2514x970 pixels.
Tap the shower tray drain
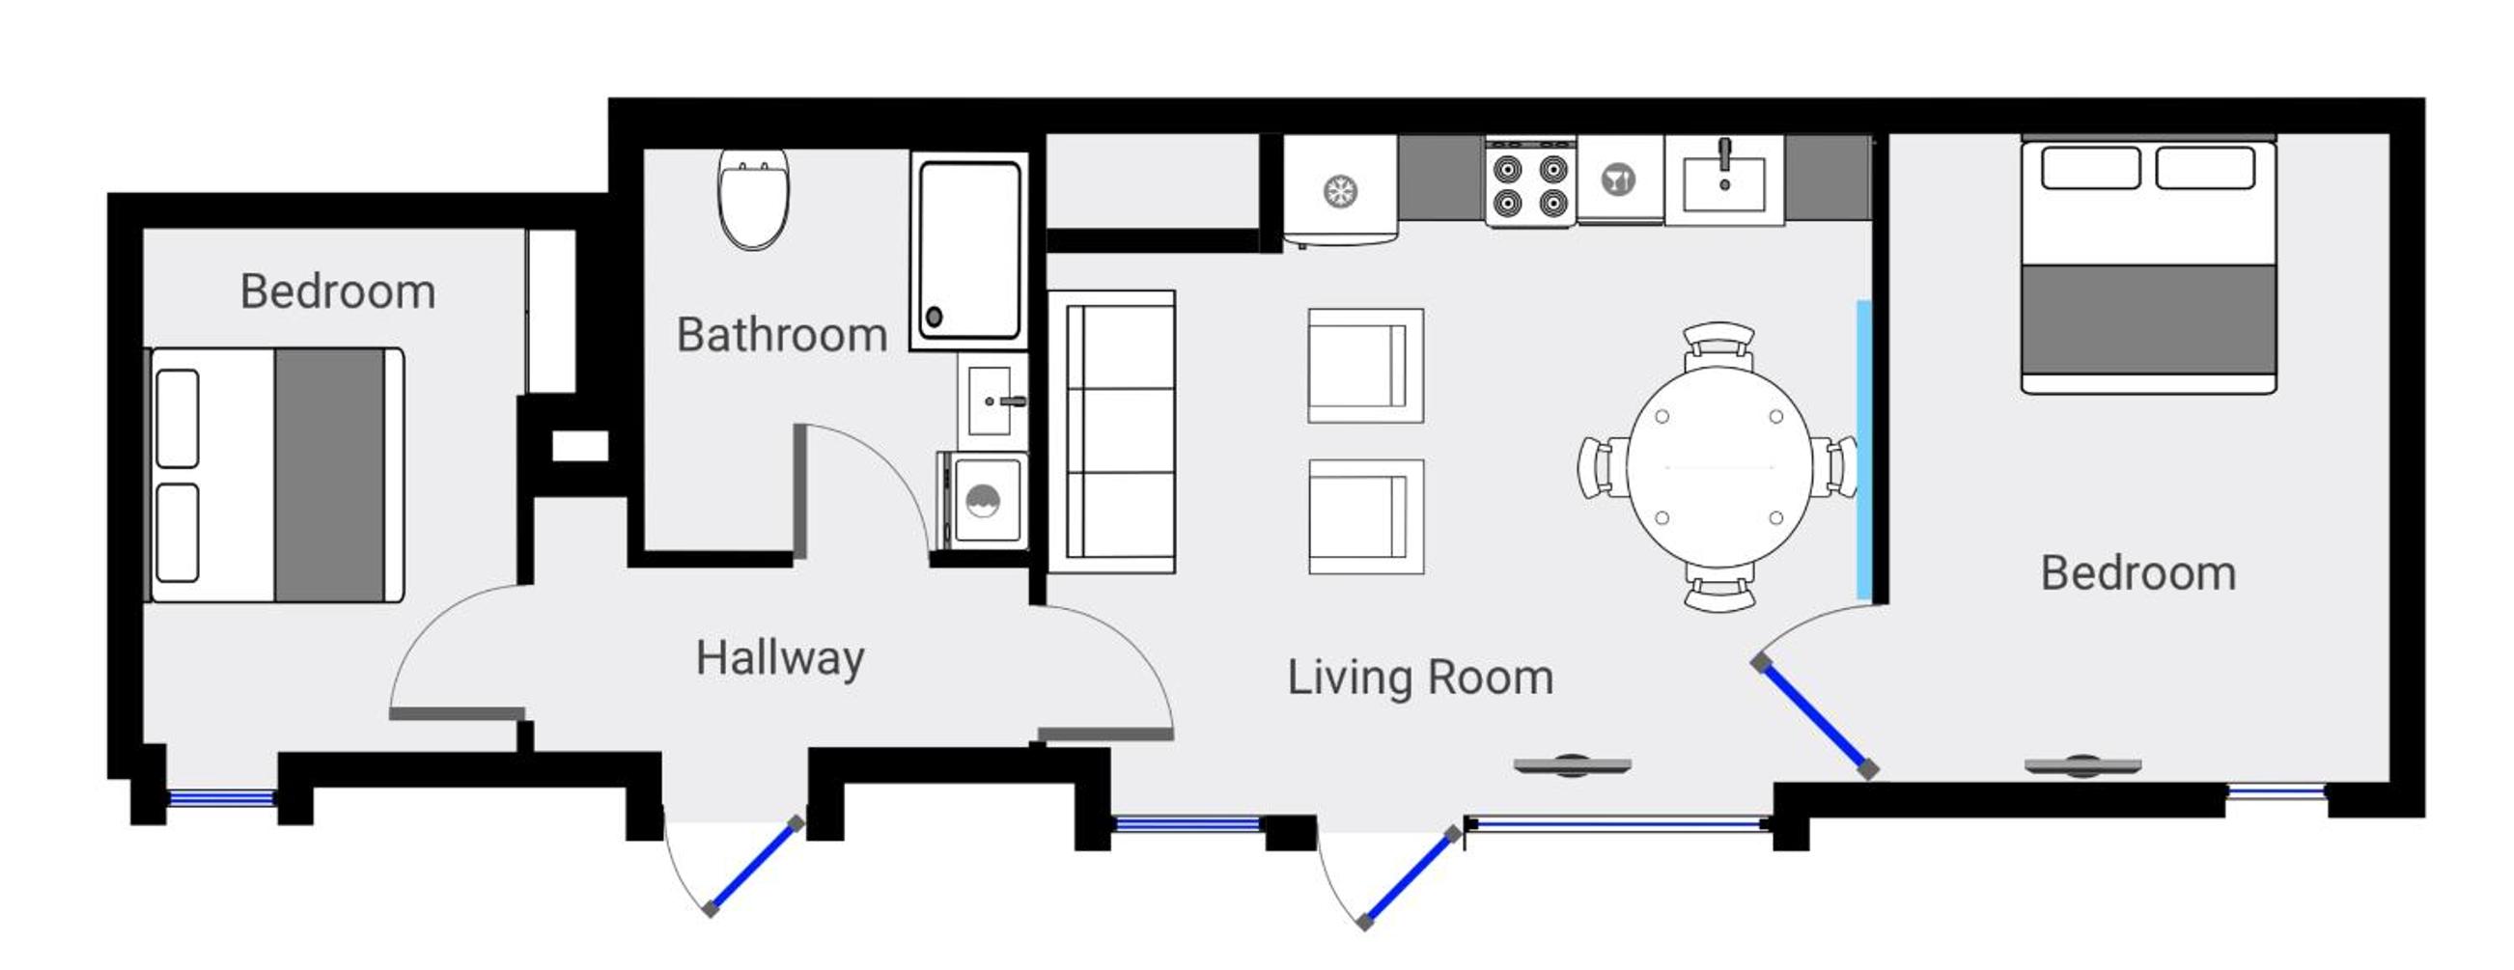(x=934, y=317)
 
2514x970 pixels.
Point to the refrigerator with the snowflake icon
(x=1340, y=190)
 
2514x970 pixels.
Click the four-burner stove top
(x=1530, y=182)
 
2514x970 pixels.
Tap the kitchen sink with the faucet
(x=1724, y=181)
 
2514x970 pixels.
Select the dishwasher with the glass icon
(x=1620, y=180)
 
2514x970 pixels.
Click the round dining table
(x=1718, y=467)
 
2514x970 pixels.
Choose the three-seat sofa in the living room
(x=1111, y=431)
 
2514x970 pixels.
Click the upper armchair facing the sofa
(x=1365, y=366)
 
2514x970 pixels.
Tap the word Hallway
(x=780, y=658)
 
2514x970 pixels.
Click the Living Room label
(x=1420, y=678)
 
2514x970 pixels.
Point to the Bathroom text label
(x=782, y=335)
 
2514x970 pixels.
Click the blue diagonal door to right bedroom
(x=1814, y=717)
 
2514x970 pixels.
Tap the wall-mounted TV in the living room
(x=1573, y=766)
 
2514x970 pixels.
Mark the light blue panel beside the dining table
(x=1864, y=450)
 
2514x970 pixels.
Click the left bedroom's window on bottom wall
(x=221, y=798)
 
